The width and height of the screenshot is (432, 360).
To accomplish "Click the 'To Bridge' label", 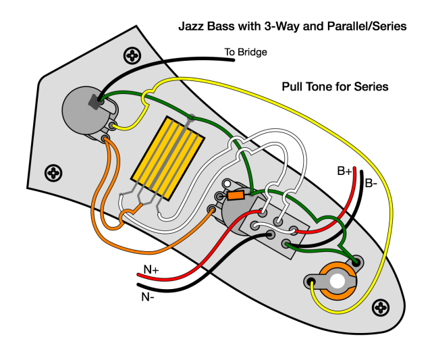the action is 246,52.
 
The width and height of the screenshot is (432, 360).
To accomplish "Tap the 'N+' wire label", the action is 151,269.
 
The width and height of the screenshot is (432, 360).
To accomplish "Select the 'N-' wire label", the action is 148,297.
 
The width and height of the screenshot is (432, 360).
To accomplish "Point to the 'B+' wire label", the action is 344,171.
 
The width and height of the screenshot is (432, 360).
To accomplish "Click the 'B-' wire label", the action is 371,183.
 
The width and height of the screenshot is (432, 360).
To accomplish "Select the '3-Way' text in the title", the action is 280,26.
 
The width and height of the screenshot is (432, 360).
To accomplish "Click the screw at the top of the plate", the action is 132,55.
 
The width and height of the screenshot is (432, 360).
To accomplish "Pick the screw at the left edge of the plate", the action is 53,173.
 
